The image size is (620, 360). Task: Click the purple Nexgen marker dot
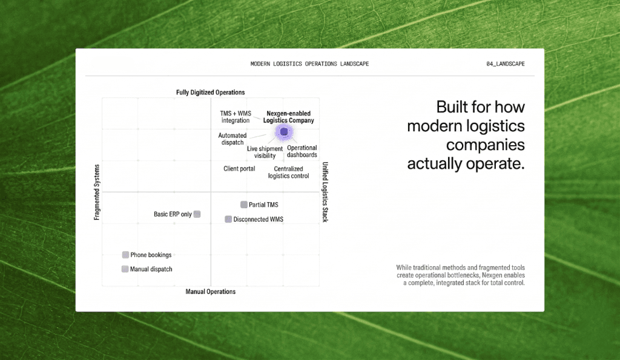point(284,131)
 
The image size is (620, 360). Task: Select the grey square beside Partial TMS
point(244,205)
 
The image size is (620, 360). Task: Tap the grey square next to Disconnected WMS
point(228,219)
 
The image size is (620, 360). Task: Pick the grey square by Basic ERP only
point(197,214)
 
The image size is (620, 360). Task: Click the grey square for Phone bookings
point(125,255)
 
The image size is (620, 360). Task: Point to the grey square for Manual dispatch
point(125,269)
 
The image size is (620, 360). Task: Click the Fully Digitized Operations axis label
point(210,93)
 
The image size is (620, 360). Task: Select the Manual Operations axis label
point(210,292)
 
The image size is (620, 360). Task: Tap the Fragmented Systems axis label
point(97,192)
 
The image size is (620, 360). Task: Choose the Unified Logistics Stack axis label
point(325,192)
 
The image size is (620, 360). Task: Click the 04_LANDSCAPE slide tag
point(505,64)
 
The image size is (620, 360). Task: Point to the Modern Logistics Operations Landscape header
point(309,64)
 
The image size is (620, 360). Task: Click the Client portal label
point(239,169)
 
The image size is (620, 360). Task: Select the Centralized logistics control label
point(288,172)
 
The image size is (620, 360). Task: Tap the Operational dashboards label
point(302,151)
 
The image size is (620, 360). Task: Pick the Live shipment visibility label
point(265,152)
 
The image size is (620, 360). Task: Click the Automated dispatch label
point(232,139)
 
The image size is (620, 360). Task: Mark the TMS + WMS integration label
point(235,117)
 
